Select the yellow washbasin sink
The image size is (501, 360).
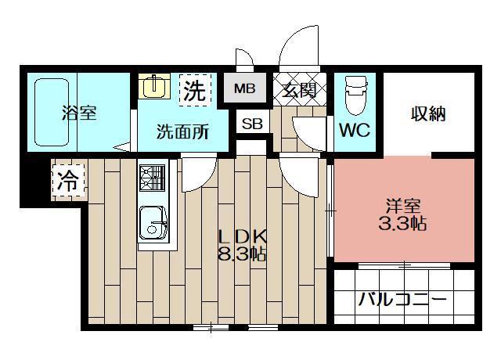coord(155,86)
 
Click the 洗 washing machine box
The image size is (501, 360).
coord(194,89)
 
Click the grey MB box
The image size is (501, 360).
coord(244,89)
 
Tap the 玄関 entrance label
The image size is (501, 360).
coord(299,90)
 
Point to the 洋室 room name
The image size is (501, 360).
coord(404,207)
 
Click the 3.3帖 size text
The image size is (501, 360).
coord(404,225)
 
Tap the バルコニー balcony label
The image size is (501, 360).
coord(402,300)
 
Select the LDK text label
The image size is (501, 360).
coord(243,236)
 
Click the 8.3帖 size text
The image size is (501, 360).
coord(243,253)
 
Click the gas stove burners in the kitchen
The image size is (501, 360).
coord(151,178)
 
